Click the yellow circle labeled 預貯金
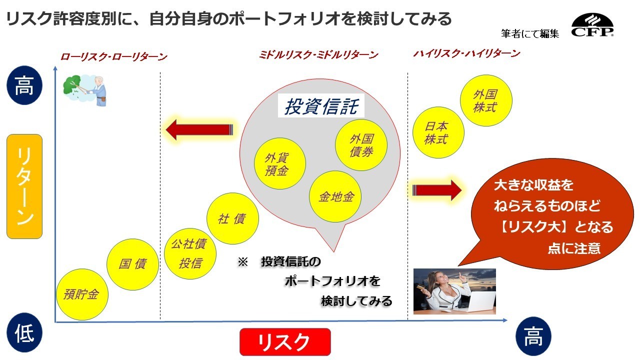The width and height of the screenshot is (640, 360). (x=82, y=294)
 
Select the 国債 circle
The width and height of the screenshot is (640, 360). (x=132, y=264)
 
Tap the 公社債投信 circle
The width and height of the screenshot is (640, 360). (x=190, y=253)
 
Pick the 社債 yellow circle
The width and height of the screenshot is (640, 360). (x=232, y=218)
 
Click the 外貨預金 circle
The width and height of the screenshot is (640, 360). (x=280, y=163)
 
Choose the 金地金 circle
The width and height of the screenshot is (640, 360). (x=335, y=196)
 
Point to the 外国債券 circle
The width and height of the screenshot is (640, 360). (x=361, y=145)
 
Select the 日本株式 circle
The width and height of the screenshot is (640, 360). (x=438, y=132)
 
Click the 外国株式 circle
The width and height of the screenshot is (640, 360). (x=486, y=100)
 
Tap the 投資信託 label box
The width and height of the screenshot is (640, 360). (x=321, y=105)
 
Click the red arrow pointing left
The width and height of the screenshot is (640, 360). (x=199, y=129)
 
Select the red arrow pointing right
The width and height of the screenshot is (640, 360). (x=437, y=190)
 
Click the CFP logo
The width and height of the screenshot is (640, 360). (x=592, y=25)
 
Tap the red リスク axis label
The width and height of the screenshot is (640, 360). (x=285, y=342)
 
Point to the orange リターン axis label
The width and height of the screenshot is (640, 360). (x=24, y=186)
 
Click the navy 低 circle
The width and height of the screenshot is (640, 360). (x=24, y=332)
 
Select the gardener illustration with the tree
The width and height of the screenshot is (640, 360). (x=85, y=90)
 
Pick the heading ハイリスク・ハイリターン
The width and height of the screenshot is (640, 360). (x=467, y=53)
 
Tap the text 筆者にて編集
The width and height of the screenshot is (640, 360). (x=530, y=33)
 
